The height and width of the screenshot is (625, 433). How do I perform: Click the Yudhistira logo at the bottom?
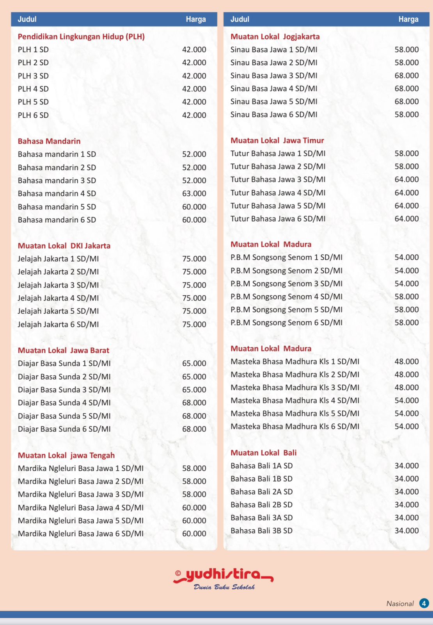[x=223, y=575]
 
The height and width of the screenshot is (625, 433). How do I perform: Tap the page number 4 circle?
[x=424, y=603]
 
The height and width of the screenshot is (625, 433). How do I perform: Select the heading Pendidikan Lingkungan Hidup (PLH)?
[x=81, y=37]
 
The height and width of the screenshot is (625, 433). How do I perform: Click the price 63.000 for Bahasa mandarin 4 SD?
[x=194, y=193]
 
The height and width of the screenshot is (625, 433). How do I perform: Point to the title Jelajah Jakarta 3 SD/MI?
[x=58, y=285]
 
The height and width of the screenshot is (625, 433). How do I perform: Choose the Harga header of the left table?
[x=195, y=19]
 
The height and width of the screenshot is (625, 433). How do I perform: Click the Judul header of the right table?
[x=240, y=19]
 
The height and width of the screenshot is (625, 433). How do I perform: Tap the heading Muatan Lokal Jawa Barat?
[x=63, y=350]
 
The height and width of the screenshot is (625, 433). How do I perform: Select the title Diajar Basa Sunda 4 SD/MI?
[x=64, y=403]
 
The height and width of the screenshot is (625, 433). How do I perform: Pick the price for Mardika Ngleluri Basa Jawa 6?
[x=194, y=534]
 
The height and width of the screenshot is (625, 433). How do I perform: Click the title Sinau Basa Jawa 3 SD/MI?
[x=273, y=75]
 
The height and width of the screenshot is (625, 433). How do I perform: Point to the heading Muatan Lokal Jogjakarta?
[x=275, y=37]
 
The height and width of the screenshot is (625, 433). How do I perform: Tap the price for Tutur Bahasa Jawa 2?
[x=406, y=166]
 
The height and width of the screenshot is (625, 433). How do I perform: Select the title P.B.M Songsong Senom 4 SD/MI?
[x=286, y=296]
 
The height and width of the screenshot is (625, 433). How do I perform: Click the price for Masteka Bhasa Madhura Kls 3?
[x=406, y=387]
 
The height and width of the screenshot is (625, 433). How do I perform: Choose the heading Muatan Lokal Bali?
[x=263, y=453]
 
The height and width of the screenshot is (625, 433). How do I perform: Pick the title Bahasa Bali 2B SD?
[x=261, y=505]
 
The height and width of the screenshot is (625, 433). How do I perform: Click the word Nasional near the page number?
[x=400, y=604]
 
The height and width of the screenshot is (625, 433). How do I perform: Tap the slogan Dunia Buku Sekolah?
[x=224, y=587]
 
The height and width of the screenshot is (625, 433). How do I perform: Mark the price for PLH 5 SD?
[x=194, y=102]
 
